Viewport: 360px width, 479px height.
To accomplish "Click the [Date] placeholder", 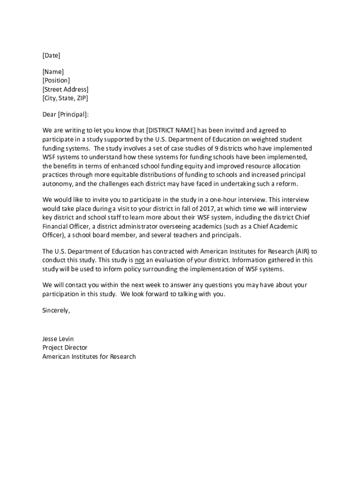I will [x=51, y=56].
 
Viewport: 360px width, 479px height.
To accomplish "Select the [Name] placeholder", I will [x=53, y=72].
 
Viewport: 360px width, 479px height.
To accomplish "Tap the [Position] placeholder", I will [x=56, y=80].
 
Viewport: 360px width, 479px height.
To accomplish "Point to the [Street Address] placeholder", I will [x=65, y=89].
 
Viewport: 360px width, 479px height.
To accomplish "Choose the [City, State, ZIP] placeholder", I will [x=65, y=98].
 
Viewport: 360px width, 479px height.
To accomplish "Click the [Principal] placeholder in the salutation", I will [x=73, y=114].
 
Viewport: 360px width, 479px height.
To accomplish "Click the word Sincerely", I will [x=56, y=310].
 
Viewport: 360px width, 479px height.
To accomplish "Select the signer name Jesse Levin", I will [x=58, y=339].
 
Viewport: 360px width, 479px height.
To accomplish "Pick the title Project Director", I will [x=65, y=348].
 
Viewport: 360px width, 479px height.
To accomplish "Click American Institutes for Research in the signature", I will [x=89, y=356].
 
